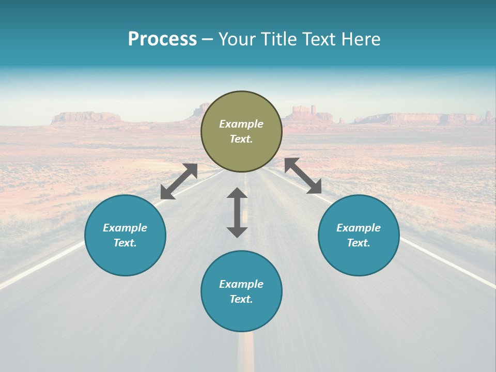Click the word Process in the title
click(x=162, y=39)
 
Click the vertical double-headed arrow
click(x=237, y=212)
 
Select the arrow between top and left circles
click(x=179, y=181)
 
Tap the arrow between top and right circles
click(x=303, y=176)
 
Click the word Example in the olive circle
click(x=241, y=124)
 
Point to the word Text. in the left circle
click(x=125, y=243)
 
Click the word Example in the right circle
click(x=359, y=228)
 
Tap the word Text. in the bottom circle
click(x=241, y=299)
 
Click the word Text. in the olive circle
click(x=241, y=139)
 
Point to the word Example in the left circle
click(x=125, y=228)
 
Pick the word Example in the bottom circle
click(x=241, y=284)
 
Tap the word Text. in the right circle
click(x=359, y=243)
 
